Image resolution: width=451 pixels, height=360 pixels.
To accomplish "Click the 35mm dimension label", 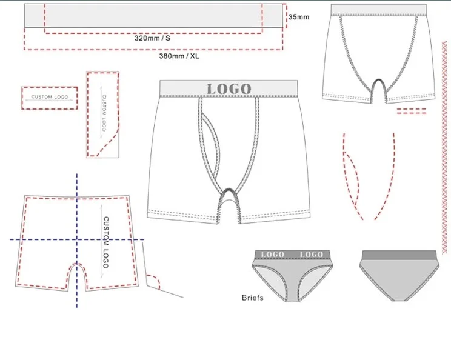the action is pyautogui.click(x=299, y=17).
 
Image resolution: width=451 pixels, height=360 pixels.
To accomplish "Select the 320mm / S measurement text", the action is pyautogui.click(x=153, y=38).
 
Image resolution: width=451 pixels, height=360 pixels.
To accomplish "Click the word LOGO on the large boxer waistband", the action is pyautogui.click(x=229, y=88).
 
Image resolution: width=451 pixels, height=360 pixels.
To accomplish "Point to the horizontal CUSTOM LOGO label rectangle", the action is pyautogui.click(x=49, y=98).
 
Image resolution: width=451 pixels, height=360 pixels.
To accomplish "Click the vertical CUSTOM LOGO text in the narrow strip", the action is pyautogui.click(x=103, y=113).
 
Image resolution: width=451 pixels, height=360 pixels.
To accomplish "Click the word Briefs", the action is pyautogui.click(x=253, y=298).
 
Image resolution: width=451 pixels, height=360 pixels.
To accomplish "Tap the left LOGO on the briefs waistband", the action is pyautogui.click(x=272, y=254).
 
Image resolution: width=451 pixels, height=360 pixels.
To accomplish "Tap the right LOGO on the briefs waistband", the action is pyautogui.click(x=312, y=254).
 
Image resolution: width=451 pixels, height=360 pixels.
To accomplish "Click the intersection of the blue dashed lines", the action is pyautogui.click(x=77, y=240).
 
